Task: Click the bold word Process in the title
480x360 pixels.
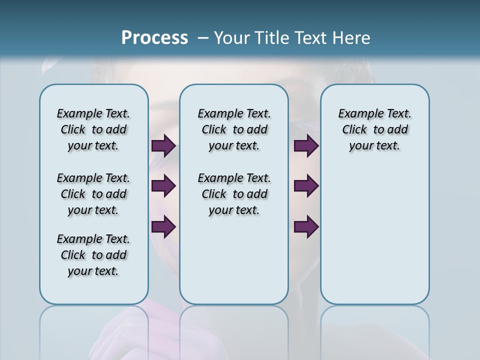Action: pos(154,38)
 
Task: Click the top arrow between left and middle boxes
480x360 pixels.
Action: pos(163,146)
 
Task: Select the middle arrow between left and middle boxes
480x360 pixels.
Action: pos(163,186)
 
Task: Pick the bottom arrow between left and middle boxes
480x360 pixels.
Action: pos(163,227)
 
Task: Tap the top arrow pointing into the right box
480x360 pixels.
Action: pos(306,146)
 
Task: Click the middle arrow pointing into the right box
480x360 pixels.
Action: pos(306,186)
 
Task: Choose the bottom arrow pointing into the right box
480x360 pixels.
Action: pos(306,227)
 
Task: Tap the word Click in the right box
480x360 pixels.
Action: pos(354,129)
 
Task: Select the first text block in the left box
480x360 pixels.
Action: pos(93,129)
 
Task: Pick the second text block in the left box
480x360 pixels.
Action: pos(93,194)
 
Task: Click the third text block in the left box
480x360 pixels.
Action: pos(93,255)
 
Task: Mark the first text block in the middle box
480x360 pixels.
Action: pos(234,129)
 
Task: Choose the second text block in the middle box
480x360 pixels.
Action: pos(234,194)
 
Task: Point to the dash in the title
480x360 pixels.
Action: pos(203,38)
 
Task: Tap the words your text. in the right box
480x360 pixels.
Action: pos(374,145)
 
